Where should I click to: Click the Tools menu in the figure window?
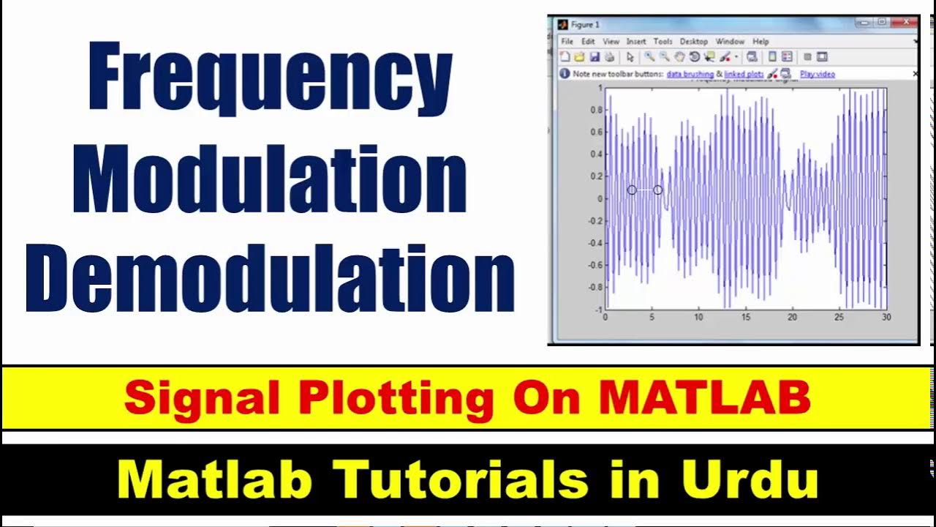[663, 42]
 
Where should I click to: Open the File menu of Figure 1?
[567, 42]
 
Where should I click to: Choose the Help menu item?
[760, 42]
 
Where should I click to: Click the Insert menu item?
[635, 42]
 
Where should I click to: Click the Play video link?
[817, 74]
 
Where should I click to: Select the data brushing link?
[690, 74]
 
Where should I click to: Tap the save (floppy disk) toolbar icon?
[594, 57]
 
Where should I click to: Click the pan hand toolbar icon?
[679, 57]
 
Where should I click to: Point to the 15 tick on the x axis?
[745, 317]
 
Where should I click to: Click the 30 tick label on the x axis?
[886, 317]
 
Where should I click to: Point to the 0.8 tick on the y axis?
[596, 110]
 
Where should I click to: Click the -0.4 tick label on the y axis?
[595, 243]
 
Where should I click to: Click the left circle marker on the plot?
[632, 190]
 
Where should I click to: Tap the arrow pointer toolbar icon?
[630, 57]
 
